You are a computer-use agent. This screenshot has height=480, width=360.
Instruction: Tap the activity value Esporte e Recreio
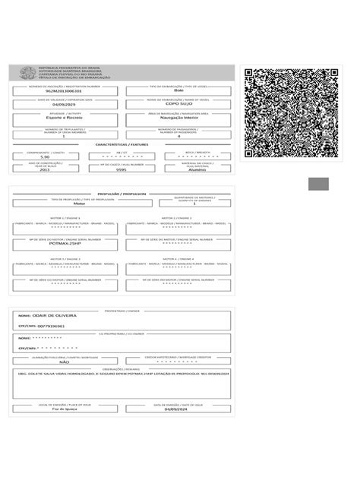click(64, 119)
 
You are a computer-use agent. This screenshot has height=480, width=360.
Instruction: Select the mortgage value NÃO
click(64, 363)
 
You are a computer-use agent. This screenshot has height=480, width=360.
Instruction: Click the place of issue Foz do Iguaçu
click(64, 410)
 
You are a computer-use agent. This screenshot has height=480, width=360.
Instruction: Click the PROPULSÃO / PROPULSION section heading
click(121, 193)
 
